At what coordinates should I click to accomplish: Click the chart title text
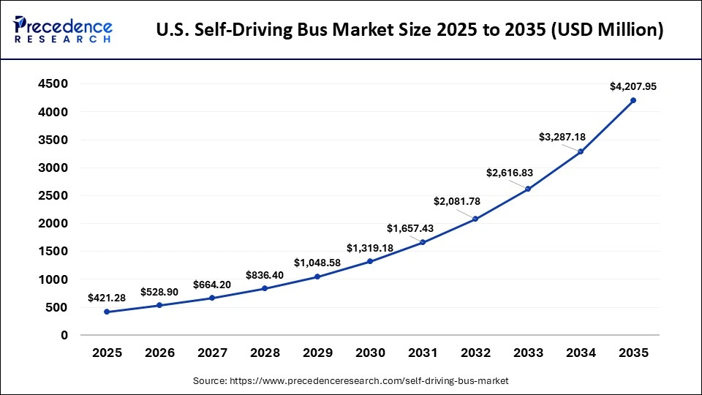(410, 31)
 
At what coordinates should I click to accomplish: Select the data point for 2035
(633, 100)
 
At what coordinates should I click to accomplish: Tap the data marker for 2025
(107, 312)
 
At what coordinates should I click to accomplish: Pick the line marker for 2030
(370, 261)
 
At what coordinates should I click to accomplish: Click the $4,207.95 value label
(633, 86)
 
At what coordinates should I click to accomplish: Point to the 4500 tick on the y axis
(53, 84)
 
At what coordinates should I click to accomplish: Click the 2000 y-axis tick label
(53, 224)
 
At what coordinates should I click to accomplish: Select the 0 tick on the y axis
(64, 335)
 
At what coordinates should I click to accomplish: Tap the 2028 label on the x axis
(265, 353)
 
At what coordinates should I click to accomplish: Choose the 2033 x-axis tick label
(528, 353)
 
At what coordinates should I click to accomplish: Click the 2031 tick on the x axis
(423, 353)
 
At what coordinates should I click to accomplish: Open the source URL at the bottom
(351, 381)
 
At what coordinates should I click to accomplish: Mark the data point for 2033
(528, 189)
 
